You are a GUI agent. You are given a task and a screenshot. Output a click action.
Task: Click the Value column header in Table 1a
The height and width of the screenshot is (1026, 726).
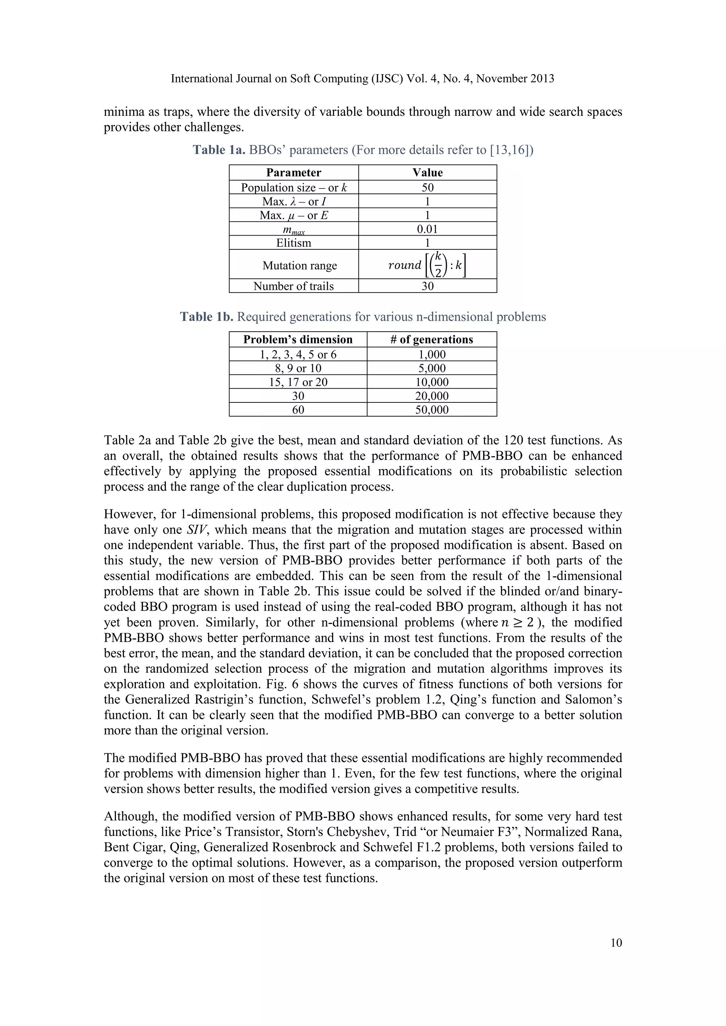428,173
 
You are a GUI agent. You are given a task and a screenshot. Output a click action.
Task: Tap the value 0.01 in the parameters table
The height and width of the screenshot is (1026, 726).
428,229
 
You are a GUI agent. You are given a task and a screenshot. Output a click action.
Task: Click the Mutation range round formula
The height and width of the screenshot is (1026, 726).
428,265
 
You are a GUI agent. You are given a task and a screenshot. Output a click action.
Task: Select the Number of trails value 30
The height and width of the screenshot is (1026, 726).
428,286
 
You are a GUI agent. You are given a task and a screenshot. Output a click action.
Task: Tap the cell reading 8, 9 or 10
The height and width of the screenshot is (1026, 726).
298,368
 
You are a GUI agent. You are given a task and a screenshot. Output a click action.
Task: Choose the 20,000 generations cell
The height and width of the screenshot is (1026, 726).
431,396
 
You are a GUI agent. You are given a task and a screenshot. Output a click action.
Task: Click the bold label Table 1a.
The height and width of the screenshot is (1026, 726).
219,150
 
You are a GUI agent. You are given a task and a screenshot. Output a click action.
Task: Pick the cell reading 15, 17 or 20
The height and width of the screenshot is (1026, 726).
298,382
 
